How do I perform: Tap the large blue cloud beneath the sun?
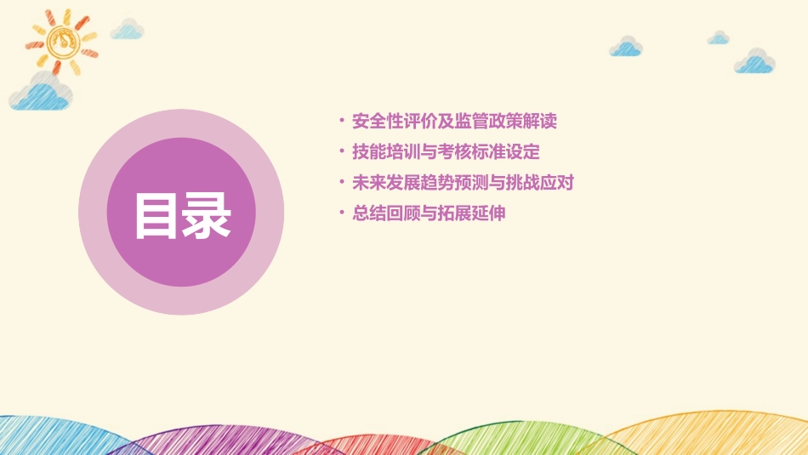tap(38, 94)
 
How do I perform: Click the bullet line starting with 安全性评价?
tap(454, 121)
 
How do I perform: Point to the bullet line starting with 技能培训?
tap(446, 152)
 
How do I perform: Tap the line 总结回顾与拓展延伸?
tap(429, 213)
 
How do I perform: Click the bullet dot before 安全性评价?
tap(341, 121)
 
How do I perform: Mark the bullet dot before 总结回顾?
tap(341, 213)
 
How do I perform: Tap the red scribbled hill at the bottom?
tap(366, 445)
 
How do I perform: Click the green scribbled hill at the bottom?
tap(502, 438)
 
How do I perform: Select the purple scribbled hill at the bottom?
tap(213, 441)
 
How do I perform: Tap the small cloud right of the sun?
tap(128, 30)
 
